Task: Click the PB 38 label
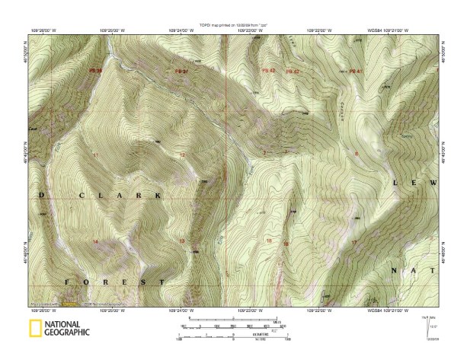(96, 71)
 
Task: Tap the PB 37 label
(181, 72)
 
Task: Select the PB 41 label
(353, 71)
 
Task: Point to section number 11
(96, 155)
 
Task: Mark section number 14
(96, 241)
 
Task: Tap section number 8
(356, 155)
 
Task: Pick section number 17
(353, 242)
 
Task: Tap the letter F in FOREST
(66, 282)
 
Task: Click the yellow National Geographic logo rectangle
(34, 329)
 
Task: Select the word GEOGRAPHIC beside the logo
(67, 333)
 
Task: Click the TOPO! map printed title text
(233, 25)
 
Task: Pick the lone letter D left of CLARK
(41, 196)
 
